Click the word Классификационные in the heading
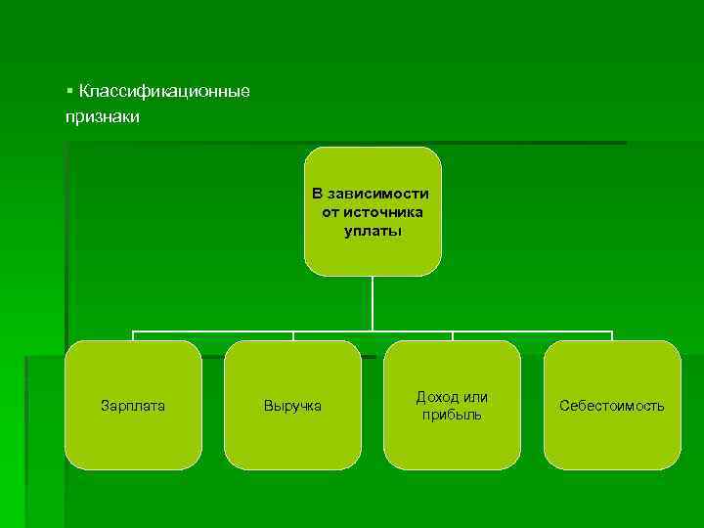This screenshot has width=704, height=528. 164,92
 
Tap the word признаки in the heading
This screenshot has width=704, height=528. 103,117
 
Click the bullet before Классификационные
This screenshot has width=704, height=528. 69,91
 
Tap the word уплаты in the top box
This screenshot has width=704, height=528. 373,232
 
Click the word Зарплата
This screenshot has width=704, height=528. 133,405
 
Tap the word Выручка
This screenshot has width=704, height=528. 292,405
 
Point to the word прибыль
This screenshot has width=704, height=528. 452,416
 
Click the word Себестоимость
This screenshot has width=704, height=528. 612,405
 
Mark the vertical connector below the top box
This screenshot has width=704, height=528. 373,303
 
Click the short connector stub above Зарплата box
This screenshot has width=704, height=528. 133,335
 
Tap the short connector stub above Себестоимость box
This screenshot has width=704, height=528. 612,335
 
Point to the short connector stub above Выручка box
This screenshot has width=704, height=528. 292,335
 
